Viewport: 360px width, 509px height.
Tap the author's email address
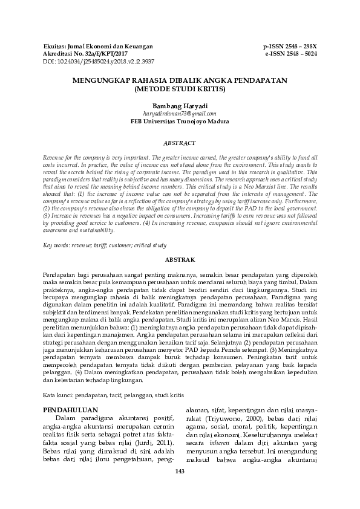[x=180, y=113]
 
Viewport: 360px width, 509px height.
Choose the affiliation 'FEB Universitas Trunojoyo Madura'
[x=180, y=121]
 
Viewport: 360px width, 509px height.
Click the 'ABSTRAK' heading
[x=180, y=259]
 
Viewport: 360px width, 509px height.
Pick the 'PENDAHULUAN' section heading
[x=69, y=410]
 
